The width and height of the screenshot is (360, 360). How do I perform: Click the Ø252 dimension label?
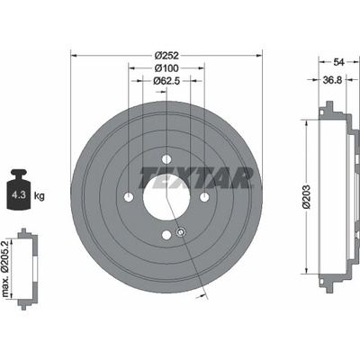click(166, 56)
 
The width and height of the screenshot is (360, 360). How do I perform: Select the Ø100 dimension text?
click(166, 68)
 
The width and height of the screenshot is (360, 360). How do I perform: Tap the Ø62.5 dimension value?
click(166, 81)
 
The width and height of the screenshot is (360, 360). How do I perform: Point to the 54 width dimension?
click(338, 62)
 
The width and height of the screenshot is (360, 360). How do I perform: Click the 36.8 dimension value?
click(332, 80)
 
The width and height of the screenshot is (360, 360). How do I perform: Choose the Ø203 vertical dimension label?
click(306, 197)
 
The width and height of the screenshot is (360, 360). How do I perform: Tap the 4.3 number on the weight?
click(18, 195)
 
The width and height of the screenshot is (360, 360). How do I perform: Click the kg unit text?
click(39, 196)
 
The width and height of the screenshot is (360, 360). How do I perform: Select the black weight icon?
click(19, 190)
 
